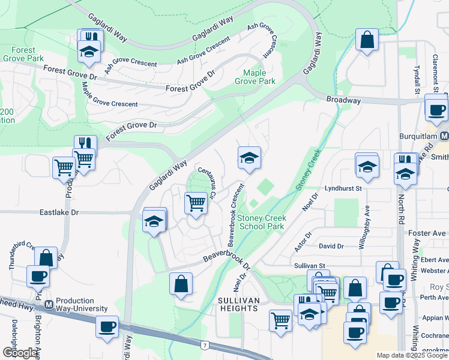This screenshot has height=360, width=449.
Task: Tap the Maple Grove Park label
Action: [x=255, y=77]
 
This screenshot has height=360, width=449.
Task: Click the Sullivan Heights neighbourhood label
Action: [x=238, y=304]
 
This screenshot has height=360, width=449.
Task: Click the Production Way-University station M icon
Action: [x=49, y=305]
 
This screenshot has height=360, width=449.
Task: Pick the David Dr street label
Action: [x=331, y=246]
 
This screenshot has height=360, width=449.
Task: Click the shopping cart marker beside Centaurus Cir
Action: [x=196, y=203]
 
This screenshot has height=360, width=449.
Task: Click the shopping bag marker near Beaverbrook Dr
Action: [x=181, y=283]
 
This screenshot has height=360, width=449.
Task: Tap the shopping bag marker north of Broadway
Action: [x=367, y=40]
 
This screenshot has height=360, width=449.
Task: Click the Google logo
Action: [x=20, y=353]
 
